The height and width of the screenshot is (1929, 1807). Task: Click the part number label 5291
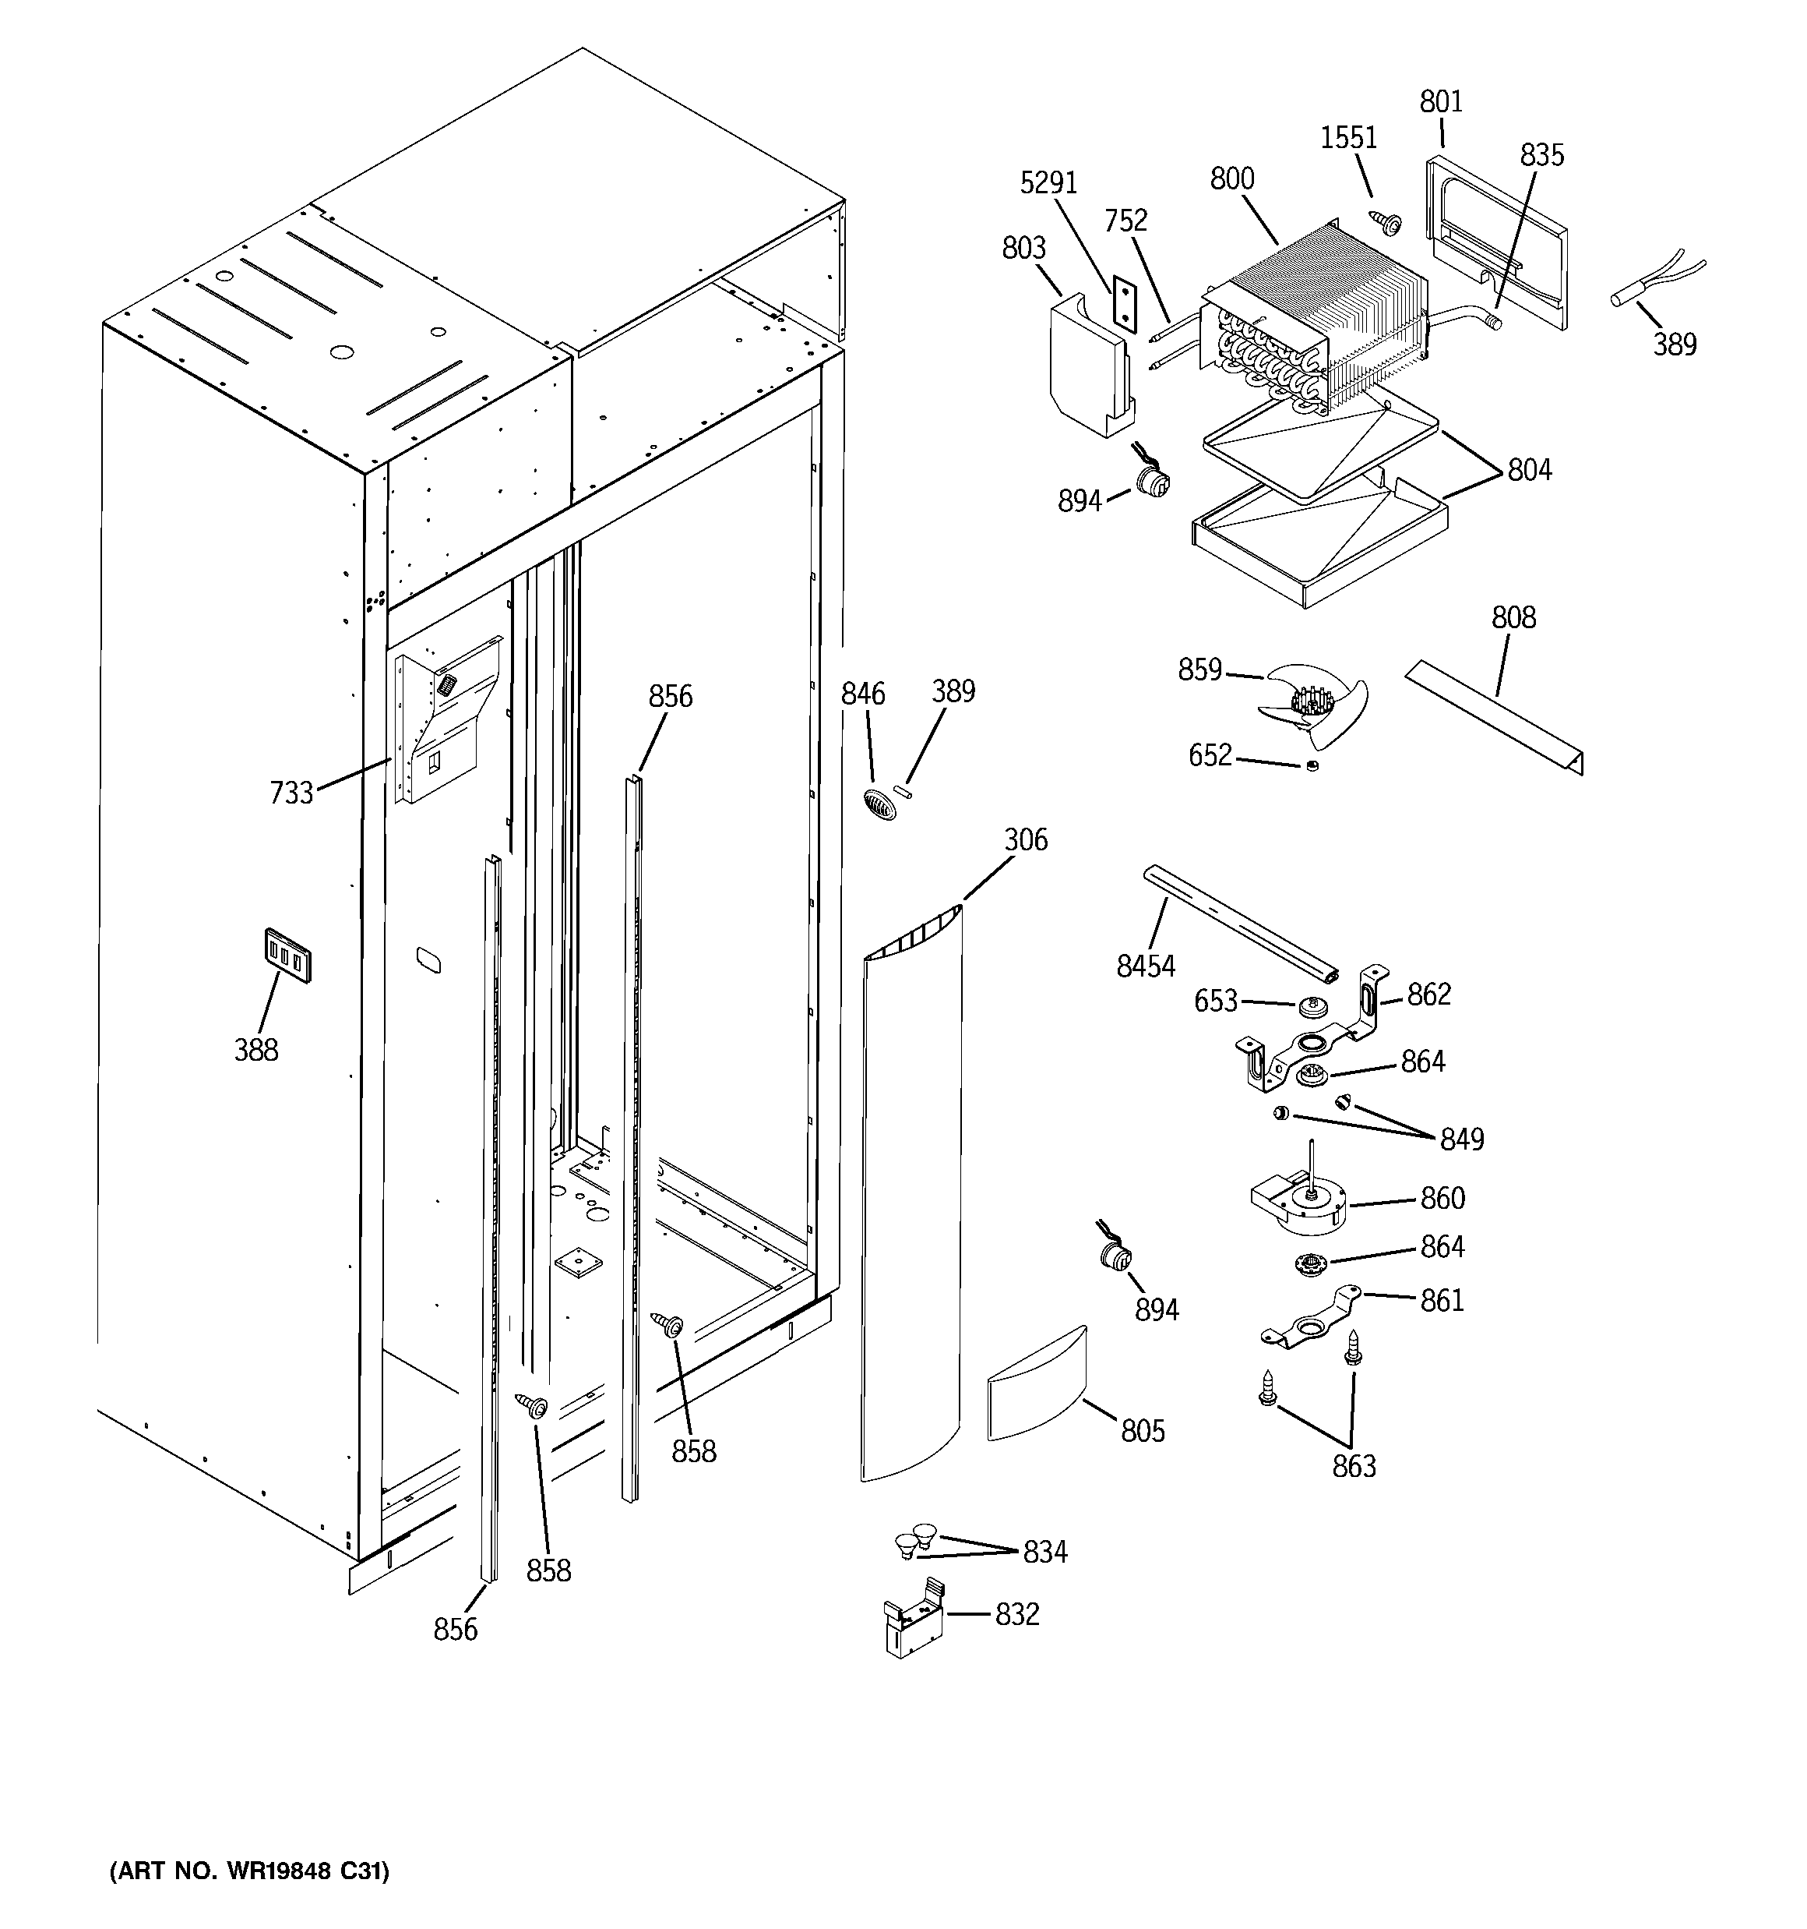tap(1048, 182)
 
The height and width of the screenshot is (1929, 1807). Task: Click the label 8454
tap(1146, 966)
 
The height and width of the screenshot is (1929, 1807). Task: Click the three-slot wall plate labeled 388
tap(287, 957)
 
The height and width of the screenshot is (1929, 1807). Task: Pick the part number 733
tap(291, 793)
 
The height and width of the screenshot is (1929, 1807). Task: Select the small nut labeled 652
tap(1312, 767)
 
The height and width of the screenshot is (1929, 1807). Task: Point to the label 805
tap(1143, 1431)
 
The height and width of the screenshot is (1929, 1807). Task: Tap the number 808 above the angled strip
tap(1513, 618)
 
